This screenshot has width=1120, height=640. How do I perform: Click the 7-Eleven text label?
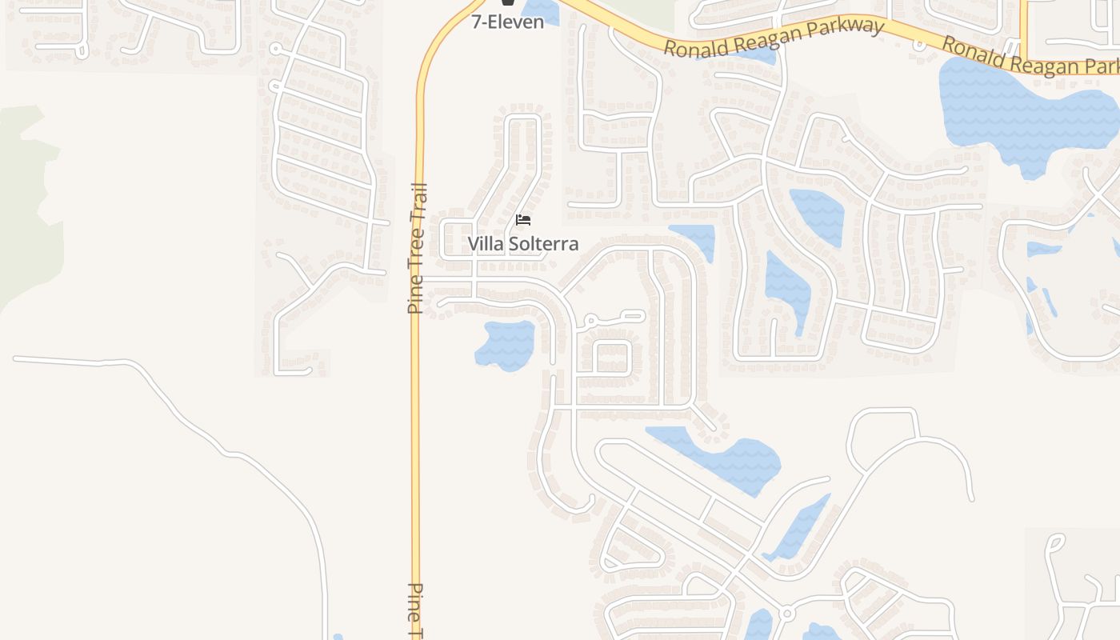(507, 22)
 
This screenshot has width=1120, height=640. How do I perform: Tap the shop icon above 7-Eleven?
(507, 2)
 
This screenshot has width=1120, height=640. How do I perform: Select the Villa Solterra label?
(522, 243)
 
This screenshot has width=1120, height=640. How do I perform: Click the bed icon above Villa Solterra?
(523, 220)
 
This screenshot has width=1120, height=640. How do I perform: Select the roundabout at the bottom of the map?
(787, 614)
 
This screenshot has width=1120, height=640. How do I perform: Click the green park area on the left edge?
(28, 200)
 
